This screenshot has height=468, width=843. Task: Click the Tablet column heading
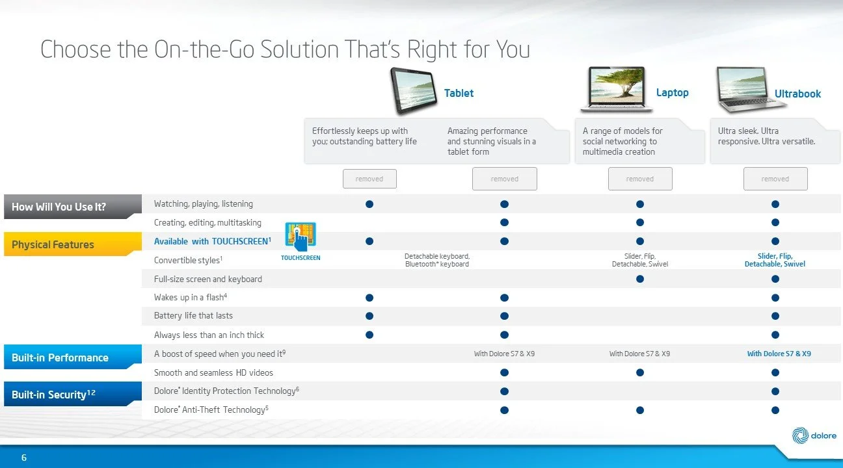(459, 93)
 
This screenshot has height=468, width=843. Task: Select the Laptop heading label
(672, 92)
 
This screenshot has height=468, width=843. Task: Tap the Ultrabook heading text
(797, 94)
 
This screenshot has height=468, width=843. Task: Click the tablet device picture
(414, 90)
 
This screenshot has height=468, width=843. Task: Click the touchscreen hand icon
(301, 236)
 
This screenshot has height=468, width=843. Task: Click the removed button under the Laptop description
(640, 179)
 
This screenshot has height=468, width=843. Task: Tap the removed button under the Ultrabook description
(775, 179)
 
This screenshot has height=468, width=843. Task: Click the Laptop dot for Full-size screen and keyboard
(640, 279)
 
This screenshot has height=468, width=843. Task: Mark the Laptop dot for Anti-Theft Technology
(640, 410)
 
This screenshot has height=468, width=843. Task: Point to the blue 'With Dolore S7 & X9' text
(779, 354)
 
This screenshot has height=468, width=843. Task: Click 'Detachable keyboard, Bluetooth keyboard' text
(437, 260)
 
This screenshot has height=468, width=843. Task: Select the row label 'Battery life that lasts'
(193, 316)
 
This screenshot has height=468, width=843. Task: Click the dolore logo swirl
(800, 435)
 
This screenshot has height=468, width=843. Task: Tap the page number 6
(23, 458)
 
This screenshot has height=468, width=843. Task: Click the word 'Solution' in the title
(299, 49)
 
